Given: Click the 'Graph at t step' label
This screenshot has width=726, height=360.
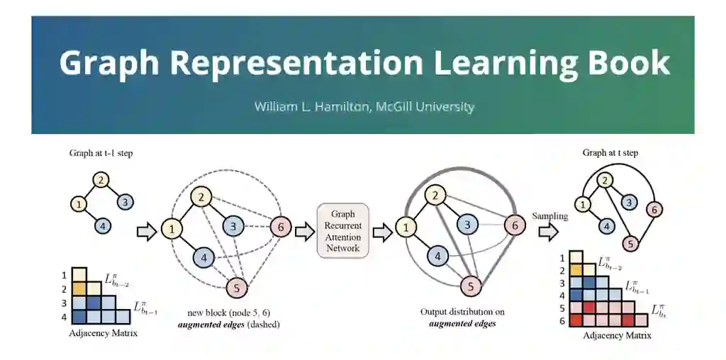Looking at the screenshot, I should coord(610,152).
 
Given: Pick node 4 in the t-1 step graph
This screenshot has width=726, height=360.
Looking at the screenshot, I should coord(103,226).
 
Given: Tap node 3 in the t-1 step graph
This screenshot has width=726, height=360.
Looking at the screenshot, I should coord(124,201).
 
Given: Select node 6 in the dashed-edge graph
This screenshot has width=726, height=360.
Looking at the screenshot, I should coord(281,227).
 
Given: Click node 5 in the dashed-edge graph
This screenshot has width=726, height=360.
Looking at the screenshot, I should coord(236,287).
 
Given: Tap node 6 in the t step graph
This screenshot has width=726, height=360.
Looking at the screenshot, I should coord(656,209).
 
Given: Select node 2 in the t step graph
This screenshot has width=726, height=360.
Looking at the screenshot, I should coord(605,180).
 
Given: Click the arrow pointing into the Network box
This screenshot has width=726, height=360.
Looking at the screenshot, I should coord(305,231).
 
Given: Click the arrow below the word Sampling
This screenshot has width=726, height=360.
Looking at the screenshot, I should coord(548,231).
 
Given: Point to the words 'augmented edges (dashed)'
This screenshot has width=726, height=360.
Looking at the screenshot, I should coord(229,325).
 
